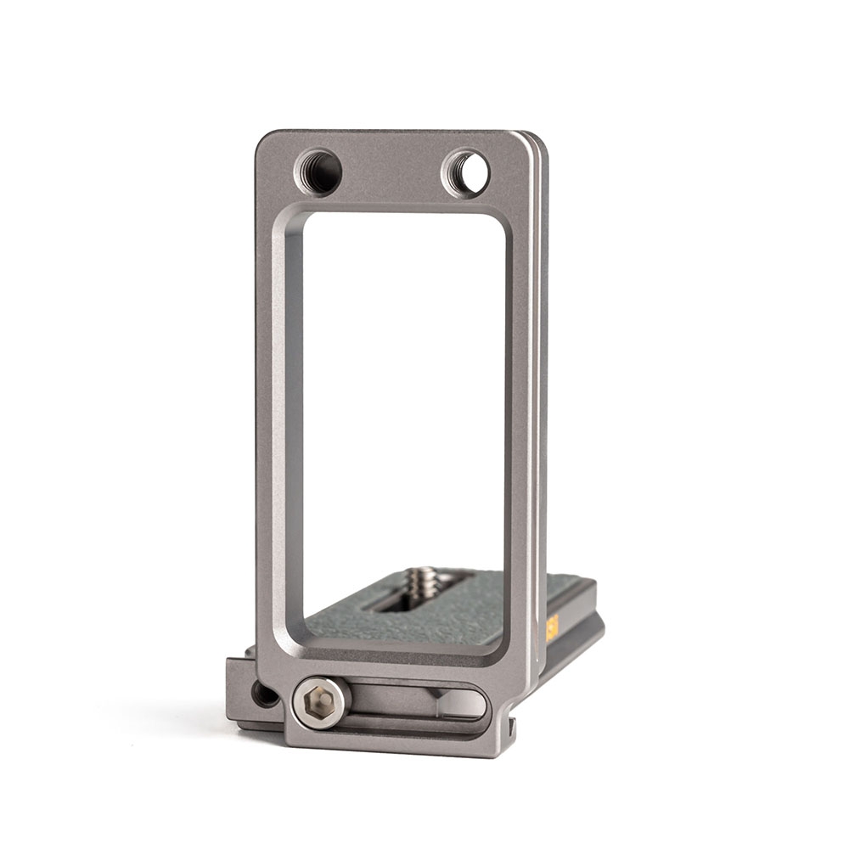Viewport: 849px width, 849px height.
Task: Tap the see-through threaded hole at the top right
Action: click(467, 172)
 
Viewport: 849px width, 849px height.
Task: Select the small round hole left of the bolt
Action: click(265, 694)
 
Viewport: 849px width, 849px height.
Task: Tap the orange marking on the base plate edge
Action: click(552, 628)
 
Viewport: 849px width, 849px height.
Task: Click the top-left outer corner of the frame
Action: click(260, 136)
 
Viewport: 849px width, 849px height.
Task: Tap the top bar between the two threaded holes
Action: click(392, 170)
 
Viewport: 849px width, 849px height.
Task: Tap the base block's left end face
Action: click(241, 692)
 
